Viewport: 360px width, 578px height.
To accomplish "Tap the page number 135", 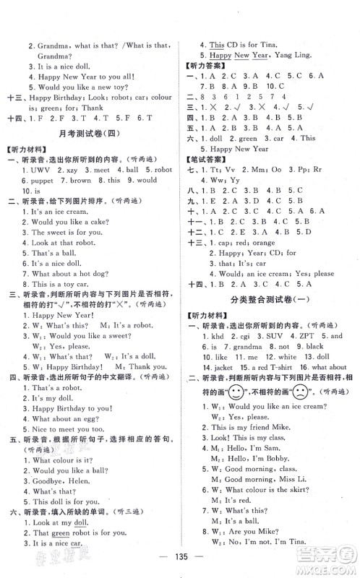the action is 180,558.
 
